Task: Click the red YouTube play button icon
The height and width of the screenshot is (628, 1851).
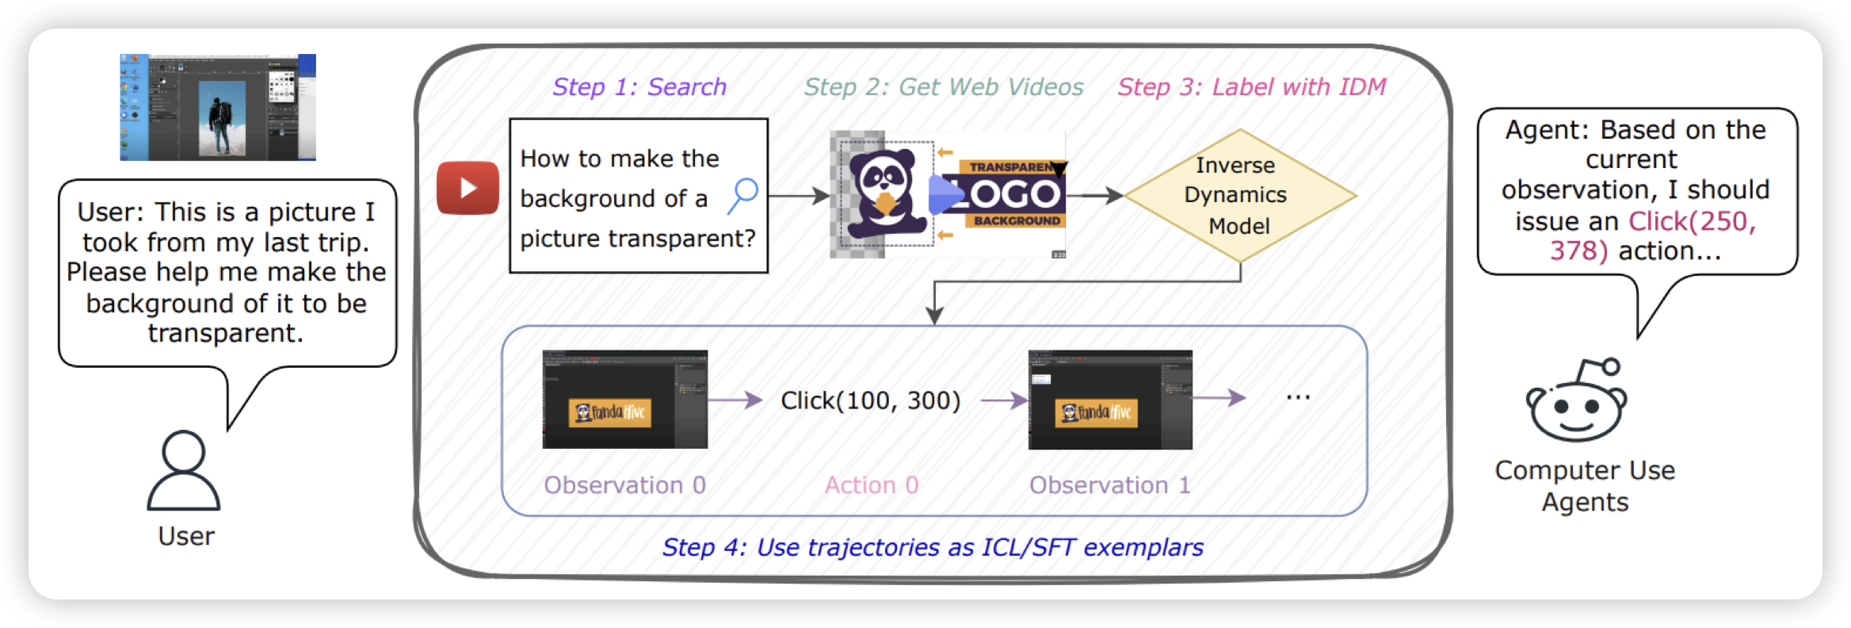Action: point(468,188)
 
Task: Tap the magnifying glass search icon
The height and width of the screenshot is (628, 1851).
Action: point(743,194)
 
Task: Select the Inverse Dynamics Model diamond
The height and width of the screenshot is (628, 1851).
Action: point(1239,196)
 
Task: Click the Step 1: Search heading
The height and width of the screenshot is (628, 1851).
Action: point(639,86)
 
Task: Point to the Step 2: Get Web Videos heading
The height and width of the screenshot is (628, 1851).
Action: point(943,86)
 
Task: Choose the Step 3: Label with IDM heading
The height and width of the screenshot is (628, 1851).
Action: point(1251,86)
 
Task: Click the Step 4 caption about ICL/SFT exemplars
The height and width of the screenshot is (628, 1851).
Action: point(933,547)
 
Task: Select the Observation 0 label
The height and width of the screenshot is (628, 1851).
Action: point(624,485)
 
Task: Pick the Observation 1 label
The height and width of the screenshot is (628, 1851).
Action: point(1109,485)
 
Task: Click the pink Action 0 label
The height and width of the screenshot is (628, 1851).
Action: point(871,485)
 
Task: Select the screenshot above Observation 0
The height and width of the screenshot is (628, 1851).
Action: point(624,400)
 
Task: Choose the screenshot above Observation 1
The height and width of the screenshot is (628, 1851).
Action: point(1110,400)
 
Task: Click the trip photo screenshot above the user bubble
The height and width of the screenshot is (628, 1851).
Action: point(218,107)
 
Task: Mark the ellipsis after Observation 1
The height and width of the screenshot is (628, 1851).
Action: point(1298,397)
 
